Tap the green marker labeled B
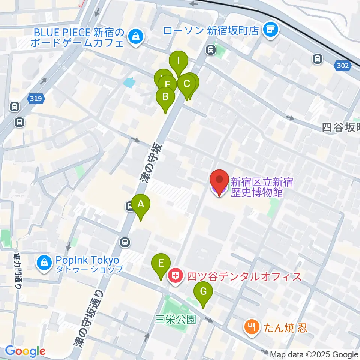click(x=165, y=97)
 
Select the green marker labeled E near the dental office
click(x=160, y=263)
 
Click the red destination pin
click(x=219, y=180)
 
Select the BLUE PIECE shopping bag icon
click(x=134, y=36)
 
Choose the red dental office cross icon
click(x=175, y=277)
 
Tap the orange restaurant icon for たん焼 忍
click(x=250, y=327)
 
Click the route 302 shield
click(x=342, y=66)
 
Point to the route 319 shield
click(x=36, y=99)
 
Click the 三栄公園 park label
click(x=176, y=319)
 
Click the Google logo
click(x=25, y=351)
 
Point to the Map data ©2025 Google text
click(x=314, y=354)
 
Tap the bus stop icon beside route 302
click(x=318, y=58)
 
